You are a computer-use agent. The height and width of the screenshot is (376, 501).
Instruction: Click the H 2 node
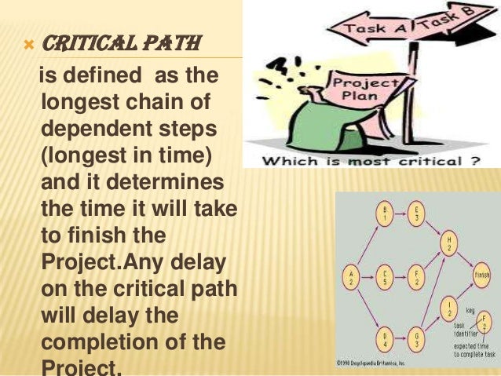(449, 243)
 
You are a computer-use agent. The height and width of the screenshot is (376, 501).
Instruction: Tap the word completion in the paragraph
(90, 343)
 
